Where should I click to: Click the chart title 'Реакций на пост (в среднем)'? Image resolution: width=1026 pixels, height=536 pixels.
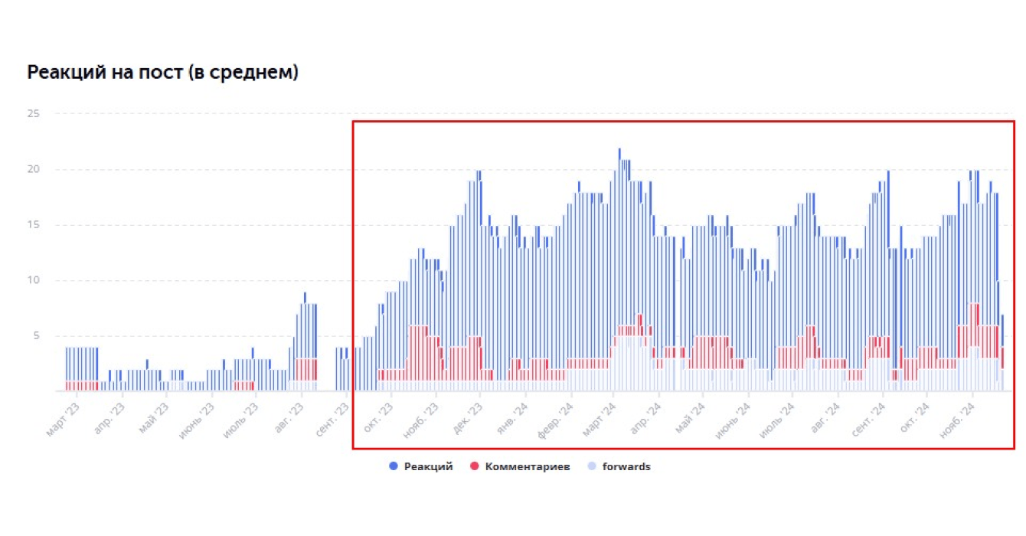(162, 73)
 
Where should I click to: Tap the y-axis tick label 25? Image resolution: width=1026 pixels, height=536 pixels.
(33, 113)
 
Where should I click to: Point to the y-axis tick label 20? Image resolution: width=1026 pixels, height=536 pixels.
(33, 169)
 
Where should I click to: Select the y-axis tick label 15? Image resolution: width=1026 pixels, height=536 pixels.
(33, 225)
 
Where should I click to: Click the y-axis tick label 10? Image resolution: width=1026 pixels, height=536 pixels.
(33, 280)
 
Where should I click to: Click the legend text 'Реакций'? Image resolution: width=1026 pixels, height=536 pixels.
(428, 466)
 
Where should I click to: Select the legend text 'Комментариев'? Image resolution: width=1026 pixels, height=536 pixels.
(528, 466)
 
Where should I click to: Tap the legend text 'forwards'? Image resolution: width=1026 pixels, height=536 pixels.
(626, 466)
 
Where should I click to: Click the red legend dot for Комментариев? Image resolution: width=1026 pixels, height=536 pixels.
(475, 466)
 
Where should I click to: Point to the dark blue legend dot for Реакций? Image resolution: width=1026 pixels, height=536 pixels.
(394, 466)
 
